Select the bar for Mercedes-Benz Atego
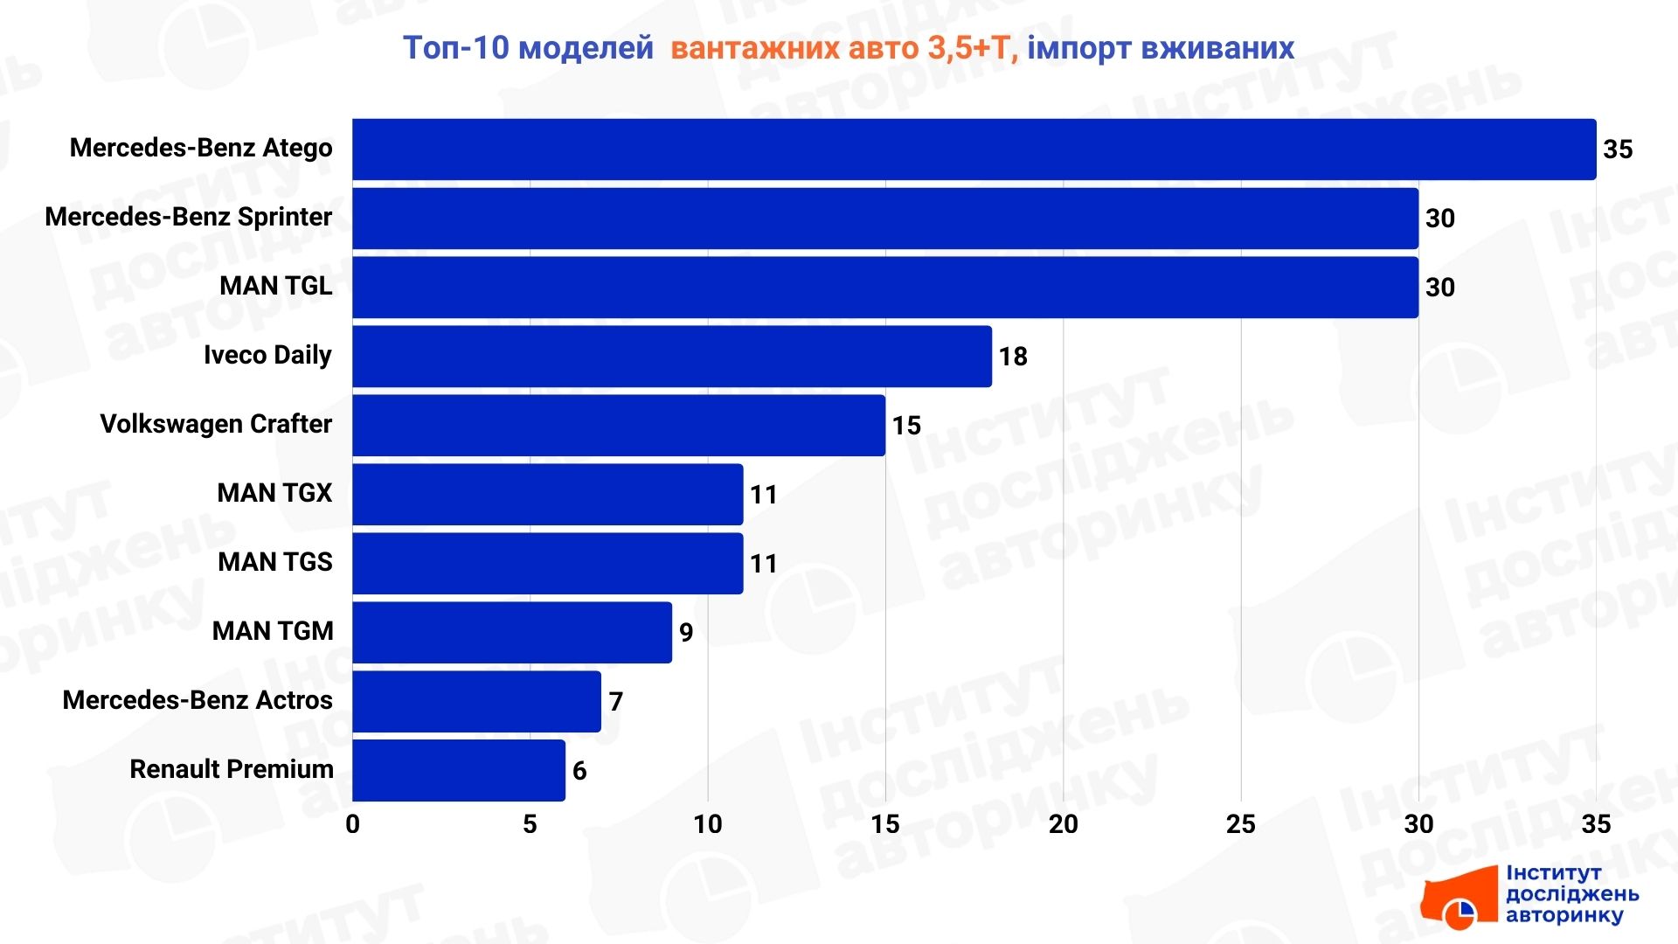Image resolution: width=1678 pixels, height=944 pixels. [974, 149]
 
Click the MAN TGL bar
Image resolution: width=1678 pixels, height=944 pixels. [884, 288]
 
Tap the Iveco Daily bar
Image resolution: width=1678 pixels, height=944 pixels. [671, 357]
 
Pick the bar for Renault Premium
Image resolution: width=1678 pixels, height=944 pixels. [459, 770]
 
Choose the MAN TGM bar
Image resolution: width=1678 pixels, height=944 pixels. [512, 632]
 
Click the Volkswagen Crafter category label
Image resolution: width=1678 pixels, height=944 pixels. [216, 424]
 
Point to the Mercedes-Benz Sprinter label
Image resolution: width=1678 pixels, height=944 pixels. [189, 217]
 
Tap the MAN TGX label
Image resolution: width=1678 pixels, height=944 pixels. [274, 493]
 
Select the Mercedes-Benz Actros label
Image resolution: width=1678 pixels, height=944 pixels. [198, 700]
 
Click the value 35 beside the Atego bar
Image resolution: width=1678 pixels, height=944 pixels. [1618, 149]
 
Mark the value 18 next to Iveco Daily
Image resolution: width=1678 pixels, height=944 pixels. [1013, 357]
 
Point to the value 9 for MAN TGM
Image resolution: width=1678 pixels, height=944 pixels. [686, 632]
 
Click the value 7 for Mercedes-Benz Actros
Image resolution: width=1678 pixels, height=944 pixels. [615, 701]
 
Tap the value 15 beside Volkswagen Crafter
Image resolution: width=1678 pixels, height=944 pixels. [906, 426]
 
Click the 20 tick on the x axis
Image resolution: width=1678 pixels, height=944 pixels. [1063, 824]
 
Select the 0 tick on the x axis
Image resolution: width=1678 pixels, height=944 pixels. [352, 824]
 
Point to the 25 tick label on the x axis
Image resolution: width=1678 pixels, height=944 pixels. [1240, 824]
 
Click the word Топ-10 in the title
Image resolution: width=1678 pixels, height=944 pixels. [455, 48]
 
